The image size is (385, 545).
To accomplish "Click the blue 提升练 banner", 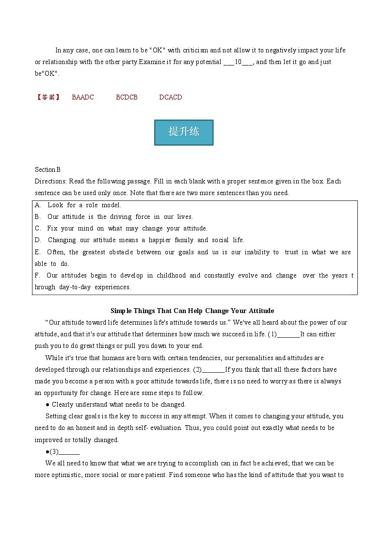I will pyautogui.click(x=184, y=132).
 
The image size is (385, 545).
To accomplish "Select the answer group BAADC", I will pyautogui.click(x=83, y=97).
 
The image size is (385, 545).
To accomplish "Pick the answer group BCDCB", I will pyautogui.click(x=127, y=97).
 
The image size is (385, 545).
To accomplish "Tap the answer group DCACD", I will pyautogui.click(x=171, y=97).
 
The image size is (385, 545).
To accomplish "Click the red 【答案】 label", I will pyautogui.click(x=48, y=97).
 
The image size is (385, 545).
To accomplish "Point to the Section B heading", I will pyautogui.click(x=48, y=169).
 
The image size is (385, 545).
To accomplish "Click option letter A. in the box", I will pyautogui.click(x=38, y=205).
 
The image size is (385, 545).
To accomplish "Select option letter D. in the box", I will pyautogui.click(x=38, y=240).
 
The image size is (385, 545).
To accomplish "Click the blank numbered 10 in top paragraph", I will pyautogui.click(x=238, y=62).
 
